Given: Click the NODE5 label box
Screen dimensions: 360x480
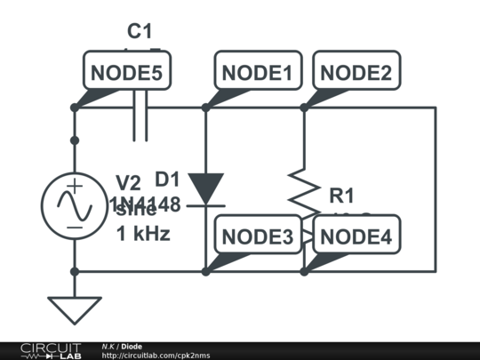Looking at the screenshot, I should pos(126,73).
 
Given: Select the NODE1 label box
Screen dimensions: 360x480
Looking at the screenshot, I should pos(257,73).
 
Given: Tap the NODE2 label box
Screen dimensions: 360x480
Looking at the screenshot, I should pos(356,73).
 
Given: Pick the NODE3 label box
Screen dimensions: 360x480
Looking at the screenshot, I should pos(257,236).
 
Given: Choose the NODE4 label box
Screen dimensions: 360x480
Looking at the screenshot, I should pos(356,236).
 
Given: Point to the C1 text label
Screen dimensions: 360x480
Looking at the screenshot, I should pos(139,32).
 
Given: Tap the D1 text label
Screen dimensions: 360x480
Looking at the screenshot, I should pos(167,178).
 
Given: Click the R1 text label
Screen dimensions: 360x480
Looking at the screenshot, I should pos(341,195).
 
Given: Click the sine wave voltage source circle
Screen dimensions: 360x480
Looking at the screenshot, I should pos(75,205).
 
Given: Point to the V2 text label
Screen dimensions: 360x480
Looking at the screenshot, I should pos(127,183).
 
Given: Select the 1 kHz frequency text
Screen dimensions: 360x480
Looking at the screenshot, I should pos(143,235).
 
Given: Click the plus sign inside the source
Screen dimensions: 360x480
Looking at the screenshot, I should pos(75,187).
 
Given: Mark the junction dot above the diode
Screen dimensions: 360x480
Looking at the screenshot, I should pos(205,108).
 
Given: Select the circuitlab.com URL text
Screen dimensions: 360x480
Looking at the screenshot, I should pos(156,356).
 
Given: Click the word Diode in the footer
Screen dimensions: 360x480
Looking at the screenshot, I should pos(132,346).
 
